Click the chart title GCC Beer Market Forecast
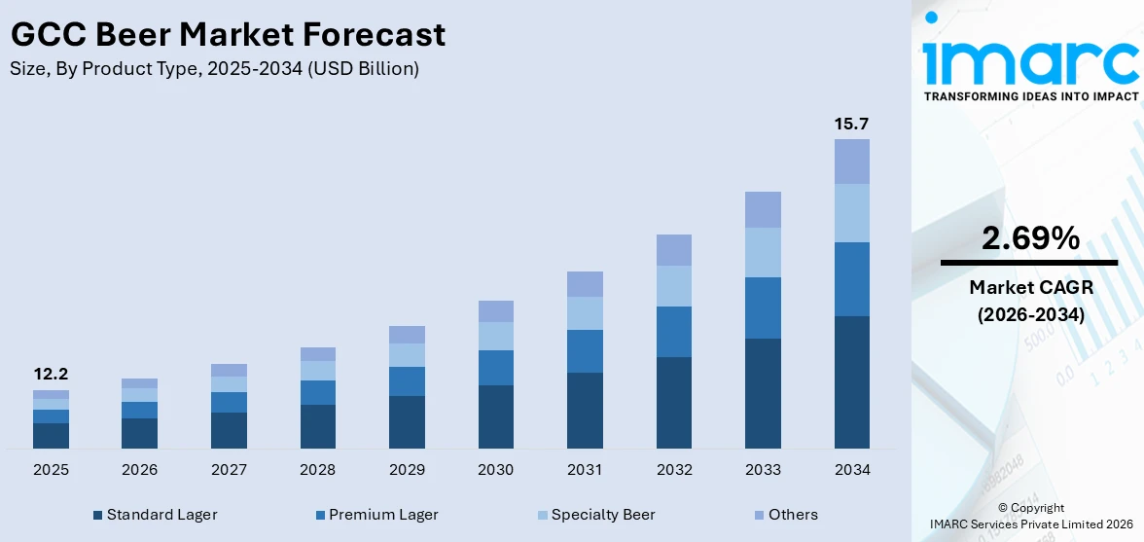coord(228,35)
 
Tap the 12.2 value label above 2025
coord(51,374)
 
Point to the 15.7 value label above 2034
coord(851,124)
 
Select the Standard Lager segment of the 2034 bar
coord(851,381)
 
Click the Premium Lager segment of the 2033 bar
coord(763,307)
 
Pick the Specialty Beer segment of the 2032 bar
coord(673,286)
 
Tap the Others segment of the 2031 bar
coord(585,284)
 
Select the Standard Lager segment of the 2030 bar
coord(495,416)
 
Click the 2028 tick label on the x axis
coord(318,470)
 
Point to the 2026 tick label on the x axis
coord(140,470)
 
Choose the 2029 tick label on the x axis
coord(407,470)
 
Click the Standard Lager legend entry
coord(155,515)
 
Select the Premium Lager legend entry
coord(376,515)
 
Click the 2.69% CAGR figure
coord(1029,237)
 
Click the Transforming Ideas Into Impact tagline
coord(1030,96)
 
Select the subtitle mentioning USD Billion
coord(215,69)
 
